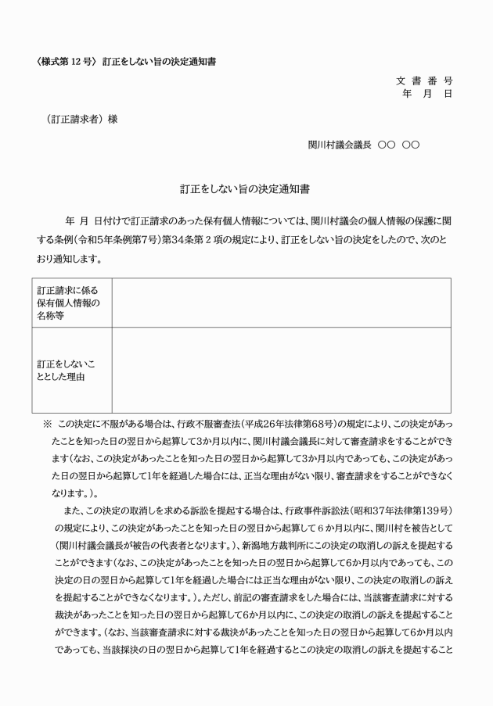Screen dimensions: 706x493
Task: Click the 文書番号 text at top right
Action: point(426,81)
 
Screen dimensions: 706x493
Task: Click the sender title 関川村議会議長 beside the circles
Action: point(340,145)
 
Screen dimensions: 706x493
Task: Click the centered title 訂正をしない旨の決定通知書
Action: point(246,189)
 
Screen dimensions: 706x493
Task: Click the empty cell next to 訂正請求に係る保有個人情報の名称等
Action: point(280,303)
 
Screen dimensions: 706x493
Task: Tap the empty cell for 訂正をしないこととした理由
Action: point(280,370)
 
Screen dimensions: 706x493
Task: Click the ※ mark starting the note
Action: point(47,424)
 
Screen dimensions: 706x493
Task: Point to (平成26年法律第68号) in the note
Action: point(275,424)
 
